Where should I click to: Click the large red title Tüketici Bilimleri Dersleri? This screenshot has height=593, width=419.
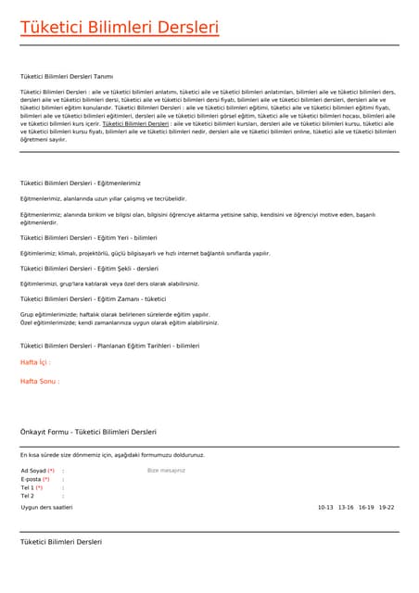point(120,28)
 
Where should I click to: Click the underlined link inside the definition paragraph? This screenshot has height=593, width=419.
point(135,123)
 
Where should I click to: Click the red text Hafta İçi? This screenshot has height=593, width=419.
point(35,362)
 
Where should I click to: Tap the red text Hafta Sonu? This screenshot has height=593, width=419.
point(39,381)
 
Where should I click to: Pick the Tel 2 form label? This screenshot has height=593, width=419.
point(27,496)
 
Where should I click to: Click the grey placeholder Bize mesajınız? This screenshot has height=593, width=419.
point(167,471)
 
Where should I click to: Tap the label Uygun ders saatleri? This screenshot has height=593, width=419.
point(46,508)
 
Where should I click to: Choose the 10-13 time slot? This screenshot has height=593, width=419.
point(325,508)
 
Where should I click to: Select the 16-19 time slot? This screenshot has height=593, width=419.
point(366,508)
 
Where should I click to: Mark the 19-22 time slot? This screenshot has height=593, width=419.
point(387,508)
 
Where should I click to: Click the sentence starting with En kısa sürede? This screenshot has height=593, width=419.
point(112,455)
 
